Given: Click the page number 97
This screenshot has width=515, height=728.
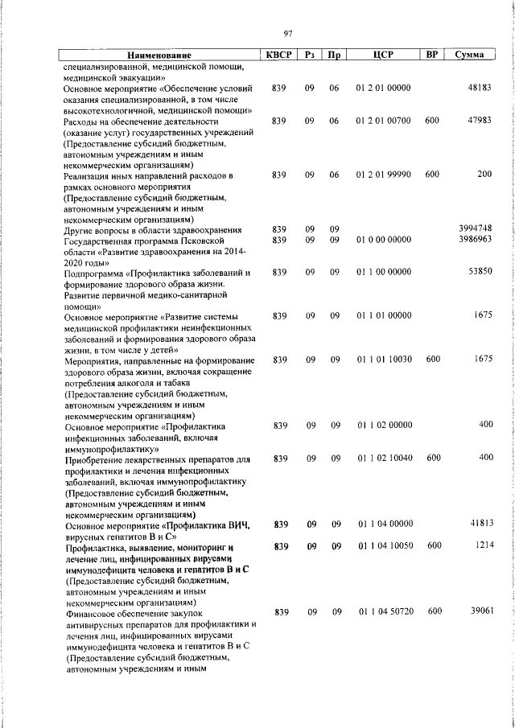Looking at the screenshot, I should tap(287, 33).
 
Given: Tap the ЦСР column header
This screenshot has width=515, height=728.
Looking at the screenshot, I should tap(382, 55).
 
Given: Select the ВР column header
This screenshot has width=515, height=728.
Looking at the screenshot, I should tap(432, 55).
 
